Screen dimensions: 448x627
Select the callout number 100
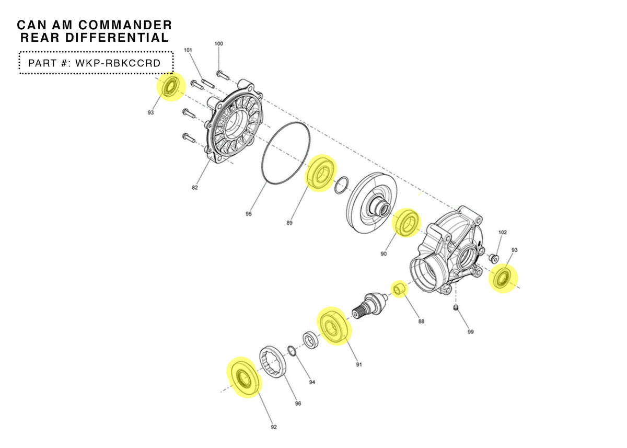(218, 43)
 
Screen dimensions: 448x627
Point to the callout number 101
(188, 50)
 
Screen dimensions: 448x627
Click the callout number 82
(195, 188)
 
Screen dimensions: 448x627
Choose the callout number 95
(249, 214)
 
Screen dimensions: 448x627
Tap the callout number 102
(503, 232)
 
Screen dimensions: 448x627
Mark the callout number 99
(470, 331)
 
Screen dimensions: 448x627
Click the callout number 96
(298, 403)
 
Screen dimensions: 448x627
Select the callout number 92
(273, 427)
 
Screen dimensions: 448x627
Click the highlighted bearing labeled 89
(321, 174)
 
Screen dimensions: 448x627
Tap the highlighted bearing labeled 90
(406, 223)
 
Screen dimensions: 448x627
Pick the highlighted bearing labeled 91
(333, 327)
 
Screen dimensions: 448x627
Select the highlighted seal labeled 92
(243, 377)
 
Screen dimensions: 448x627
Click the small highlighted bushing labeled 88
(400, 289)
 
